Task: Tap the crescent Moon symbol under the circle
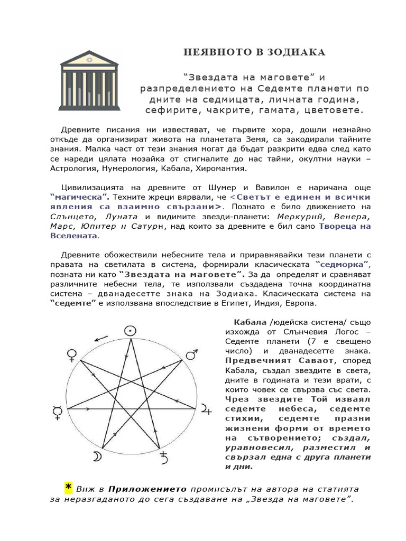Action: (98, 457)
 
